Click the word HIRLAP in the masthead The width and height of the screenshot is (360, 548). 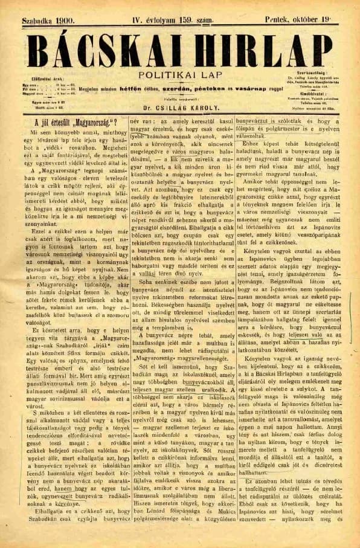(x=257, y=48)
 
